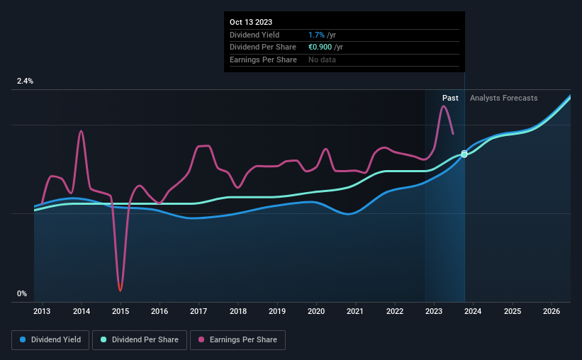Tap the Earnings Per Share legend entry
coord(237,340)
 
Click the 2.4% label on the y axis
coord(25,81)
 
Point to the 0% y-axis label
coord(22,293)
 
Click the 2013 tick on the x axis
coord(42,311)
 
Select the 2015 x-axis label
coord(121,311)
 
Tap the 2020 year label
coord(316,311)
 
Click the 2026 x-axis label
coord(552,311)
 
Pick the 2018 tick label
coord(238,311)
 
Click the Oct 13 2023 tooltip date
coord(250,22)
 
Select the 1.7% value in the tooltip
coord(316,35)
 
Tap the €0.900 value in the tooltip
coord(323,47)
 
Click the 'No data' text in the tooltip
coord(323,60)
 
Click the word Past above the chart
coord(450,98)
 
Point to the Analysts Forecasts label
coord(503,98)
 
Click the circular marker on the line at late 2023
coord(464,154)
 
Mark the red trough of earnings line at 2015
coord(121,290)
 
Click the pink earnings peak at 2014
coord(82,131)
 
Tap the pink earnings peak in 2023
coord(443,106)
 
